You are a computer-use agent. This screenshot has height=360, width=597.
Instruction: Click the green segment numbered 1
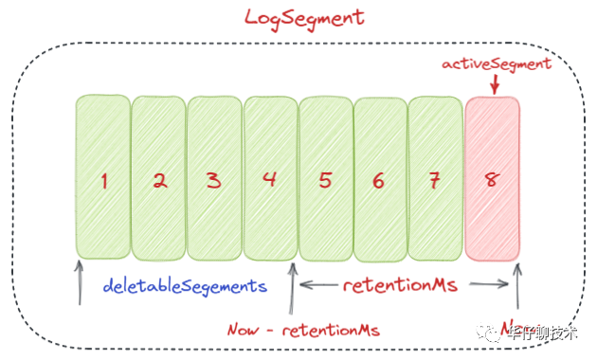pos(102,177)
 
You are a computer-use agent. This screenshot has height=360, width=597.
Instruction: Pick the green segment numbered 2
pos(158,177)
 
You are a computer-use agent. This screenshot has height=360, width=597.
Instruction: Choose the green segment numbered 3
pos(214,177)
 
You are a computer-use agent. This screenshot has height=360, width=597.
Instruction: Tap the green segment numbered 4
pos(270,177)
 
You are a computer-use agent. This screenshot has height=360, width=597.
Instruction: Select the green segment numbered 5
pos(325,178)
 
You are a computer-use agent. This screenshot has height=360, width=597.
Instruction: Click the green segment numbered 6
pos(380,178)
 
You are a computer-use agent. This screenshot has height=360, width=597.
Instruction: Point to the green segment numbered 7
pos(435,178)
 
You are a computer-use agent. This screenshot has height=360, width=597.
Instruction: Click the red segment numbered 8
pos(492,178)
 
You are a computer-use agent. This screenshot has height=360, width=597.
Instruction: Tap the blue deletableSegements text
pos(185,284)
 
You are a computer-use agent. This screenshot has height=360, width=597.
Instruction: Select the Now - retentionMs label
pos(303,330)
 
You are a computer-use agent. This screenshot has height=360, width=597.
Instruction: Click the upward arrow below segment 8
pos(517,289)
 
